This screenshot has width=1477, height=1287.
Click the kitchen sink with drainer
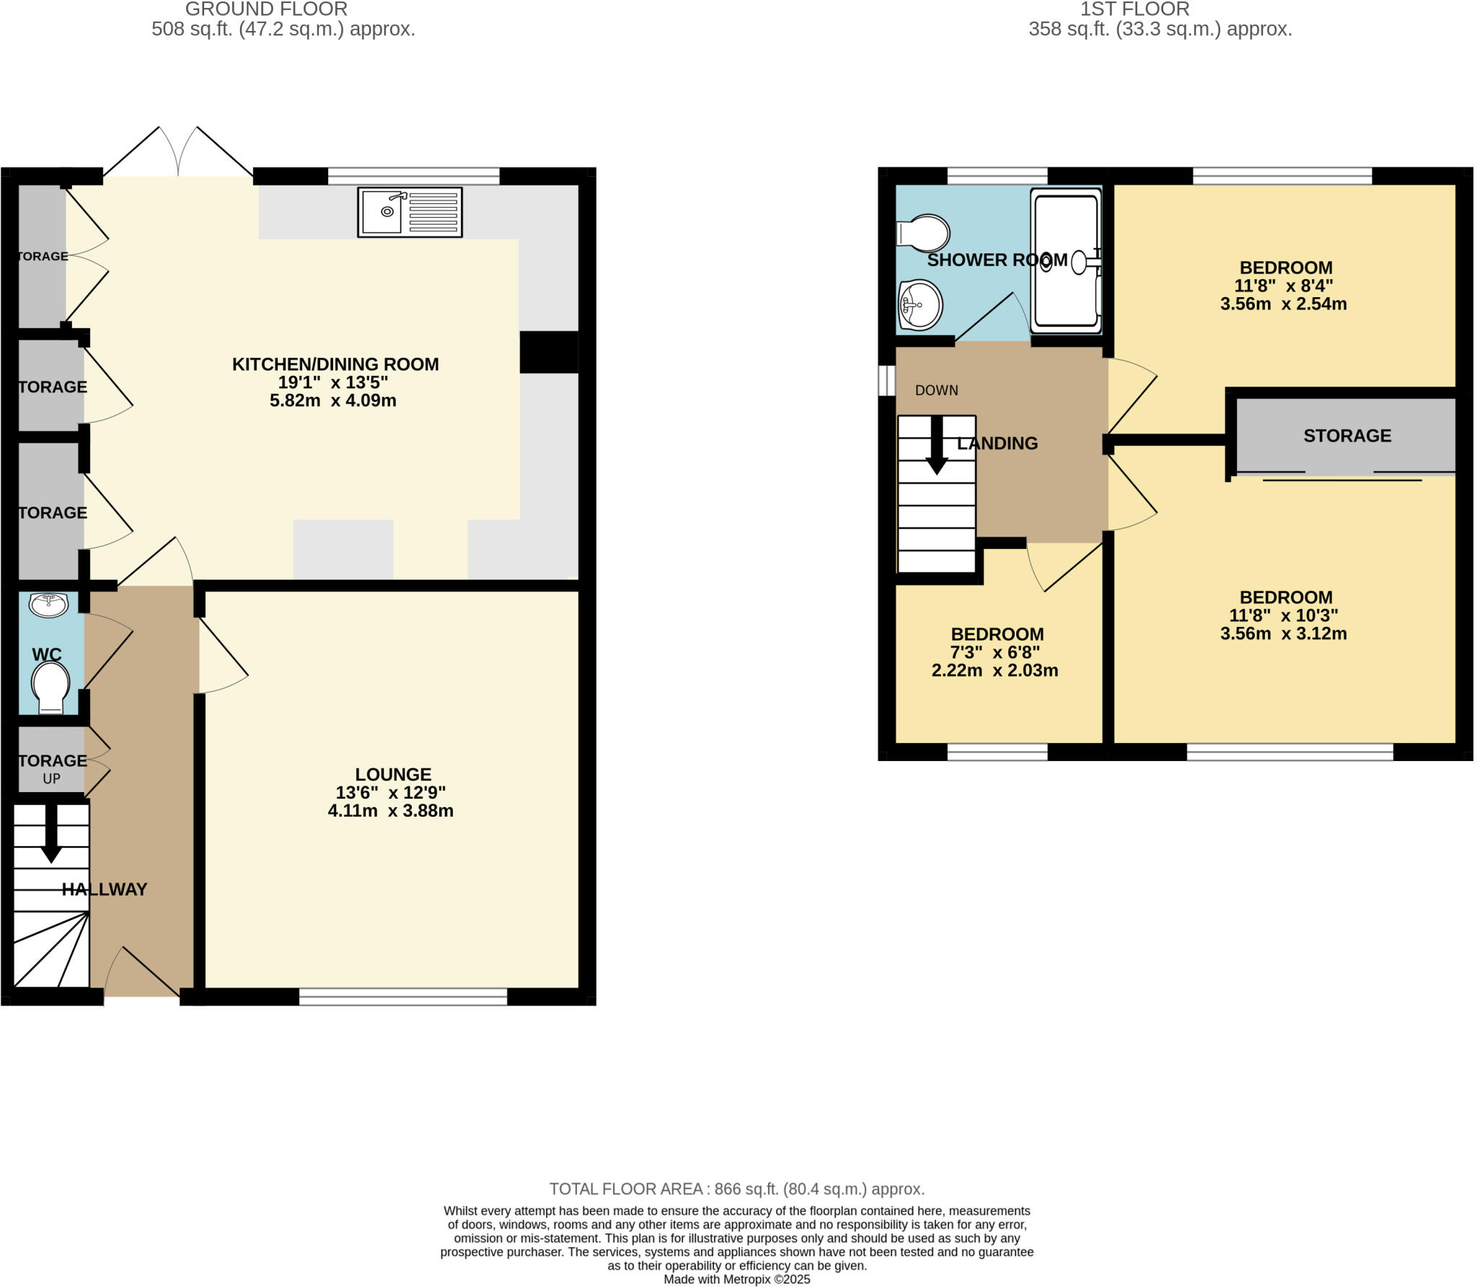point(410,212)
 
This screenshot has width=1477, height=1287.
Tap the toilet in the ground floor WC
point(50,688)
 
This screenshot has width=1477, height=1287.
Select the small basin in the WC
point(49,605)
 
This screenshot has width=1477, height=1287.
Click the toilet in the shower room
point(924,233)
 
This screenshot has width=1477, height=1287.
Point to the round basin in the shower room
point(920,304)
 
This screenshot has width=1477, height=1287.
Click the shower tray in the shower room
point(1066,260)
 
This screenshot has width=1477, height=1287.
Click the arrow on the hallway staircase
point(50,833)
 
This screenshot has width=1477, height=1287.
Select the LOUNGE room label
point(393,774)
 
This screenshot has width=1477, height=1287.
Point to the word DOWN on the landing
point(936,390)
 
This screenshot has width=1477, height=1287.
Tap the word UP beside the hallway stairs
point(52,779)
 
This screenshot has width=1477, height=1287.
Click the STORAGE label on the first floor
point(1346,436)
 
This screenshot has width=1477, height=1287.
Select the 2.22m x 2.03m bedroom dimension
point(995,670)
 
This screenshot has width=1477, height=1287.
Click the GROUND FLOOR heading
point(266,9)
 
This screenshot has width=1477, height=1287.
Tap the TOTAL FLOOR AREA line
point(736,1189)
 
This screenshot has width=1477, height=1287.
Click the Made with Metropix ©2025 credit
point(736,1280)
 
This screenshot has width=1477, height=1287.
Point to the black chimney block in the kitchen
point(549,352)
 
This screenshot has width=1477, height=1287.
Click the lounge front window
point(403,997)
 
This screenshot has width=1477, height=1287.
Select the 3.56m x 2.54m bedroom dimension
point(1283,304)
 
